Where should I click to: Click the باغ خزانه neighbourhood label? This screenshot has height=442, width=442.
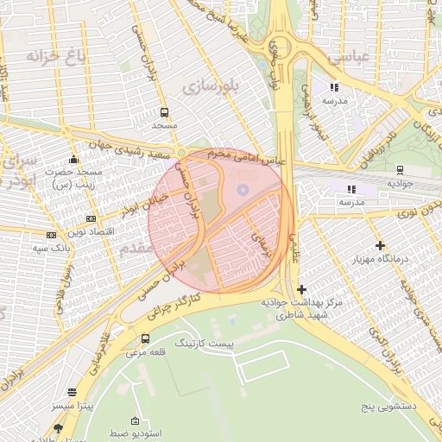[x=47, y=58]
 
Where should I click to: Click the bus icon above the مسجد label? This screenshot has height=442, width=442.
[x=164, y=112]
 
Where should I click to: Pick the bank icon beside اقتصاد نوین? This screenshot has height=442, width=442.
[x=52, y=233]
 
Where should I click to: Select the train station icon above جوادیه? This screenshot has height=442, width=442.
[x=400, y=169]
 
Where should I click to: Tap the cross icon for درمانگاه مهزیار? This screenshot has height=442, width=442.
[x=381, y=245]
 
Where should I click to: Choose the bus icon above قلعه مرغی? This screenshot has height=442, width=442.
[x=144, y=338]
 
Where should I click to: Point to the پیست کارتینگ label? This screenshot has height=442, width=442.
[x=205, y=344]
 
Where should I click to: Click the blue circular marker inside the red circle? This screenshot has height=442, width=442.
[x=243, y=188]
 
